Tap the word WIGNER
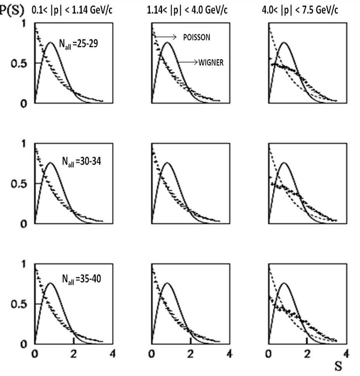(x=211, y=63)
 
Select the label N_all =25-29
(x=79, y=44)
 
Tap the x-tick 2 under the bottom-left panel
(x=74, y=353)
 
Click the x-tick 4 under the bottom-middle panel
(x=229, y=353)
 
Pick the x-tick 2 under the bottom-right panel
(x=307, y=353)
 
